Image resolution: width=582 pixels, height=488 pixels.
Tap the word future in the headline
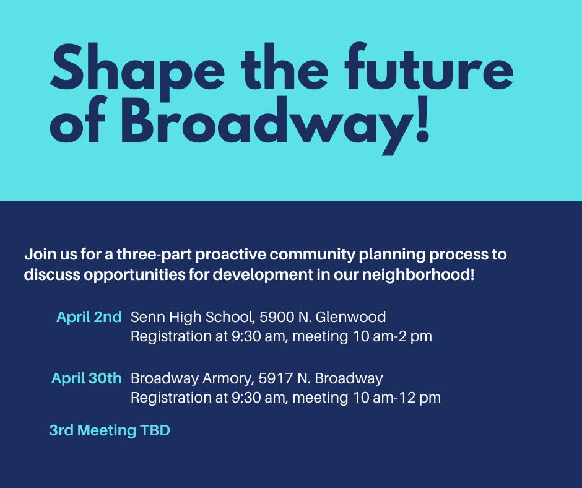[429, 66]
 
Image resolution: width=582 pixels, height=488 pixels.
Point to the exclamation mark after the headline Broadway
[422, 120]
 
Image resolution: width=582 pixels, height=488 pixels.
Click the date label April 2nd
[89, 317]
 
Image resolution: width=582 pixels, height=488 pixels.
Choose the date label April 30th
[86, 378]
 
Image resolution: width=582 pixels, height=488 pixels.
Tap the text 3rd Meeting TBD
[110, 430]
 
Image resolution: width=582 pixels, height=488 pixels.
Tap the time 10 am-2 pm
[393, 336]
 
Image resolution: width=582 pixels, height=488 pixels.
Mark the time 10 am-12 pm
[397, 398]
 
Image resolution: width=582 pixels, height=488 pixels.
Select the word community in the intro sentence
[312, 255]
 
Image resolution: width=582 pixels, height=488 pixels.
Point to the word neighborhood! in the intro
[418, 275]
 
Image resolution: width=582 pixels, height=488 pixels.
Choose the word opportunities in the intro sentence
[134, 275]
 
